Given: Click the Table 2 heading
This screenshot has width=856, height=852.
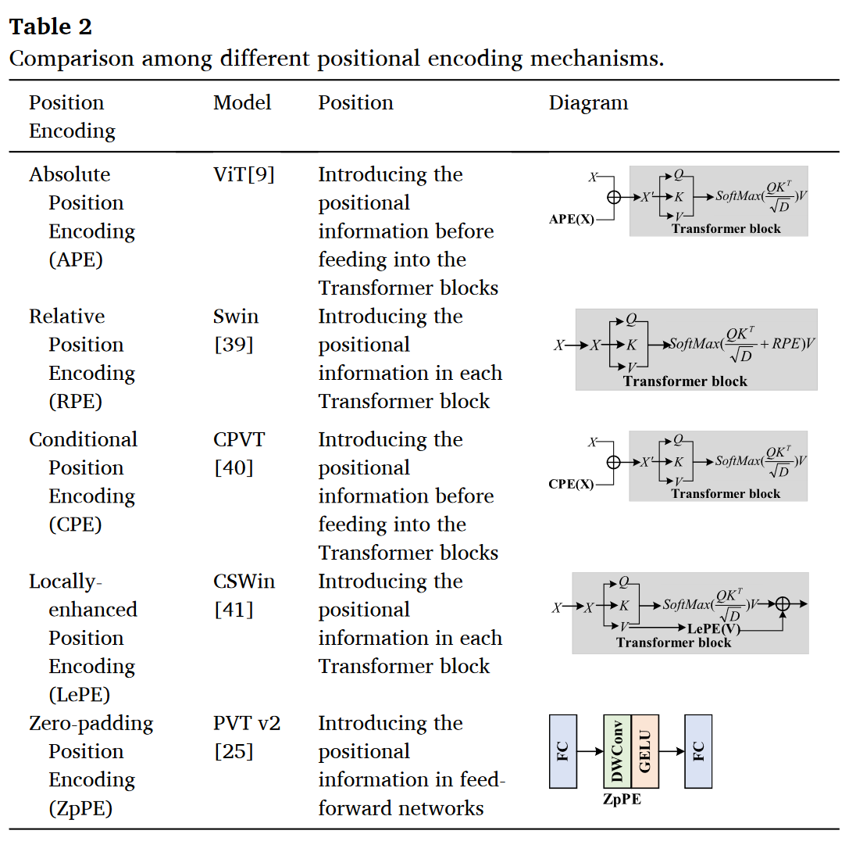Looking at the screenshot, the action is click(x=50, y=27).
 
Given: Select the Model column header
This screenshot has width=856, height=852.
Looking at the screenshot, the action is click(x=242, y=102).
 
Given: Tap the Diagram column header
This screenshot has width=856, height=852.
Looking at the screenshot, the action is click(x=589, y=103).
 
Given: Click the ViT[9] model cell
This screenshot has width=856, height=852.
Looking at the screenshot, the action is click(x=244, y=175).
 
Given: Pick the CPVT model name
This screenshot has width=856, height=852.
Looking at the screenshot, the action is click(x=239, y=439).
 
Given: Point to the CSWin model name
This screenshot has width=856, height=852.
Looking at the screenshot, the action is click(x=244, y=582).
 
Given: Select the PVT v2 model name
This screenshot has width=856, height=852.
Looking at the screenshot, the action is click(x=247, y=723).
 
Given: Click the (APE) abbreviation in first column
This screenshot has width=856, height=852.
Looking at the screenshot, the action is click(x=76, y=260).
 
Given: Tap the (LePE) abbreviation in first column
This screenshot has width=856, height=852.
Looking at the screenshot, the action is click(x=80, y=695).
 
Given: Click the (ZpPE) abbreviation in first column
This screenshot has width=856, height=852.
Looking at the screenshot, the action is click(x=80, y=808).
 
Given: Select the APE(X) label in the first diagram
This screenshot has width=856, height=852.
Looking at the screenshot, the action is click(x=572, y=219).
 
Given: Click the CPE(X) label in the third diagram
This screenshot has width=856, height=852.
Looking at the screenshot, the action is click(x=571, y=484).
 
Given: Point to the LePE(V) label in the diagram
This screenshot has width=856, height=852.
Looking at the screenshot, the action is click(x=714, y=629).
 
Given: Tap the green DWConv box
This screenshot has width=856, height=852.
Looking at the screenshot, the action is click(x=618, y=751).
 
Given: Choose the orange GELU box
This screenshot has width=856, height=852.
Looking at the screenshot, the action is click(x=644, y=751).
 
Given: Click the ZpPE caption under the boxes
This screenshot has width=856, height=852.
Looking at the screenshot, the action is click(x=622, y=799).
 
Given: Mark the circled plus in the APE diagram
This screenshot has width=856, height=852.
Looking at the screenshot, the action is click(x=614, y=197).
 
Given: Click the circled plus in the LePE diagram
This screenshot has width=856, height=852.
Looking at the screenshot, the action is click(x=783, y=604).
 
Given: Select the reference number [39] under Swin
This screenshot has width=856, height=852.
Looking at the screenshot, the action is click(x=234, y=345).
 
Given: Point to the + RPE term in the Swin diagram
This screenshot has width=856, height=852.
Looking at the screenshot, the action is click(x=779, y=344).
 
